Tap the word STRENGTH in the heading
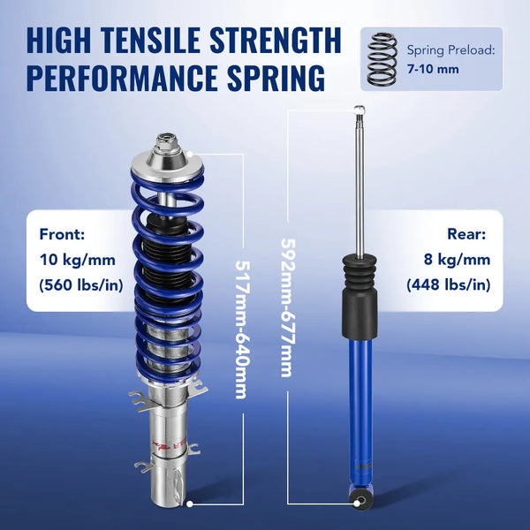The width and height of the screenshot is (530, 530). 276,40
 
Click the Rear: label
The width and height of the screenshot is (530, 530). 466,235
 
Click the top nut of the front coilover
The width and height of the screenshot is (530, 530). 165,140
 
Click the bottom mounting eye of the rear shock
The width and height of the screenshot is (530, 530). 361,503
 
